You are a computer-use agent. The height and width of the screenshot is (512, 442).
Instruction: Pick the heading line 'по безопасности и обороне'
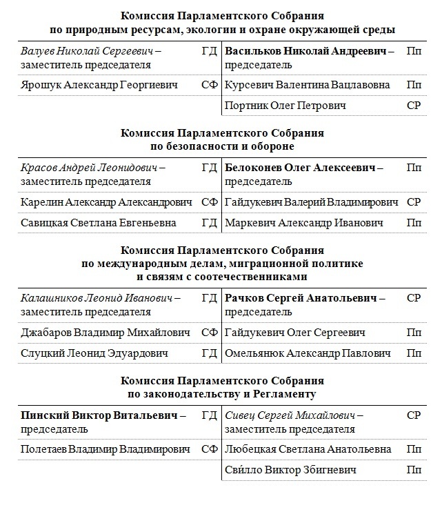coord(221,146)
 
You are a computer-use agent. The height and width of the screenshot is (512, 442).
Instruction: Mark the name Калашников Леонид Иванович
coord(94,299)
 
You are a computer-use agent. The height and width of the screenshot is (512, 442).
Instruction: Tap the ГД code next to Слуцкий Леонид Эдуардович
coord(209,353)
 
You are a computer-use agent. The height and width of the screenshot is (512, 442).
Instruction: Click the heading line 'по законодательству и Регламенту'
coord(221,394)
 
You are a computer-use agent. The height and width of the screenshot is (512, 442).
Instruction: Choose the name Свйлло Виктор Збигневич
coord(290,470)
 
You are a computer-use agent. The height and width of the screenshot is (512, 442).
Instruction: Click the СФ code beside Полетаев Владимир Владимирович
coord(209,449)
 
